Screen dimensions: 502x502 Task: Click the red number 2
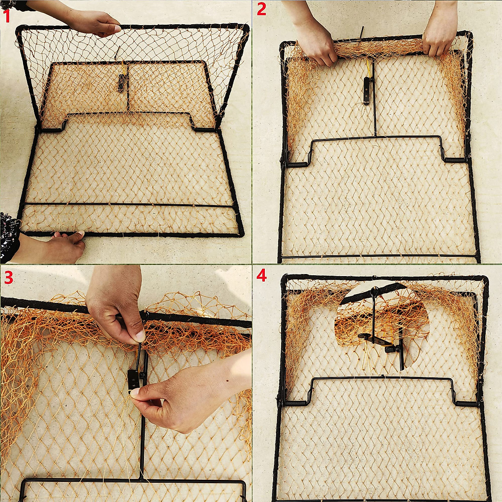point(261,9)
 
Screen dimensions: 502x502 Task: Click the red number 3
point(8,277)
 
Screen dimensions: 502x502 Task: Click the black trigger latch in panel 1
point(121,83)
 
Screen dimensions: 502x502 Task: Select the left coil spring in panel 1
point(51,130)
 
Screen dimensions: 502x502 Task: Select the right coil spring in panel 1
point(205,129)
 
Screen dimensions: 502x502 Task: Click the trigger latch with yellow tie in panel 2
point(367,90)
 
